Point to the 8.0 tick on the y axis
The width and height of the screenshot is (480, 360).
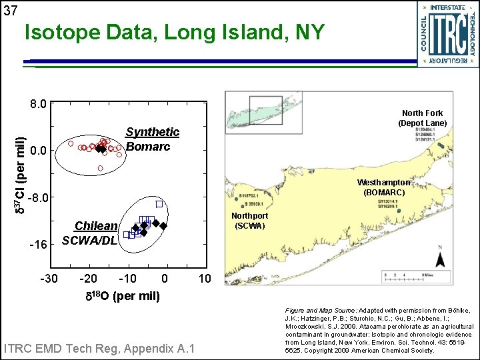[38, 104]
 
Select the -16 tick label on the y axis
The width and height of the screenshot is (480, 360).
[38, 245]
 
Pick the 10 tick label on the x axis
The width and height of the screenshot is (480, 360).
[205, 278]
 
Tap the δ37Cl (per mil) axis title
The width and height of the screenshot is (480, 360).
[21, 175]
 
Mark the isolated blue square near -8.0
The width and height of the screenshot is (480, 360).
[159, 203]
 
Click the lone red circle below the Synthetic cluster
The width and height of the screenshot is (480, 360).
[100, 168]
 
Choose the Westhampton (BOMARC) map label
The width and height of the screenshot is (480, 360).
[383, 187]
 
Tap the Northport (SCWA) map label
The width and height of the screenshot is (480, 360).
[250, 221]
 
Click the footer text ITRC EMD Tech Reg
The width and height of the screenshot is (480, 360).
[99, 348]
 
